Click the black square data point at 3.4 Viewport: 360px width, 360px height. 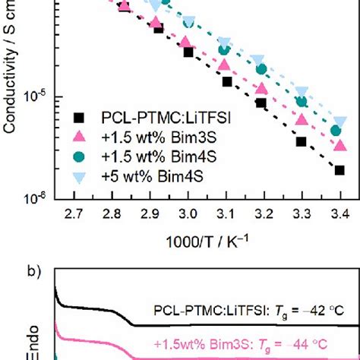tap(339, 170)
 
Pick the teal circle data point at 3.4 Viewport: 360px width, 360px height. tap(336, 131)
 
